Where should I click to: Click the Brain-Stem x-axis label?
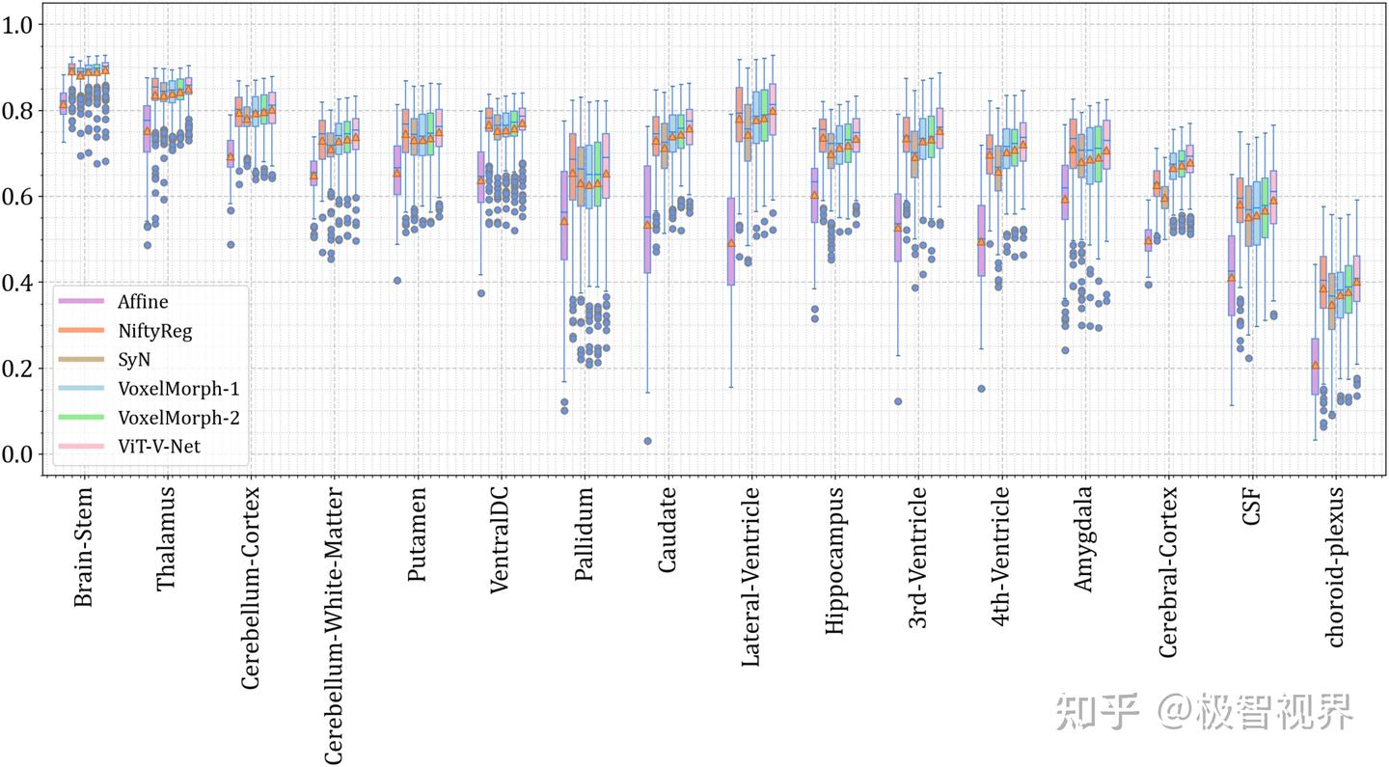84,547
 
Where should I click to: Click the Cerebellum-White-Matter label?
334,626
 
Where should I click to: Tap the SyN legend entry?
134,360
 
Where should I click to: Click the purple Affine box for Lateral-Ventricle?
731,241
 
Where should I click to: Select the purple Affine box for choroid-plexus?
1315,366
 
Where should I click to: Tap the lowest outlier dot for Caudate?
648,441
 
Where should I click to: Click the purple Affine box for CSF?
1231,275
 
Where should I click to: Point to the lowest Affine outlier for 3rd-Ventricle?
898,401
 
